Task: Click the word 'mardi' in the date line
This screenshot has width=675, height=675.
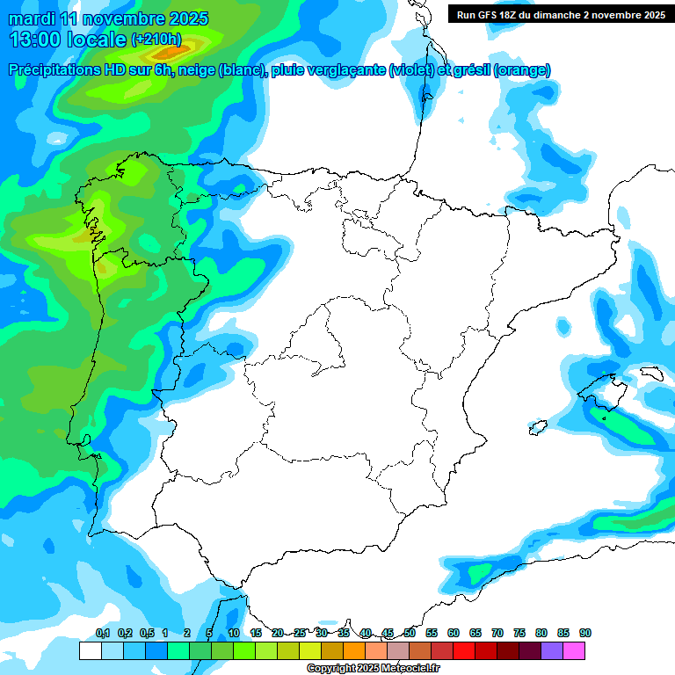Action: click(33, 18)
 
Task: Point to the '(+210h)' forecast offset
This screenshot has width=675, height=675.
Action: click(156, 40)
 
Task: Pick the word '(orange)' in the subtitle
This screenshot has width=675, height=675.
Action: click(522, 70)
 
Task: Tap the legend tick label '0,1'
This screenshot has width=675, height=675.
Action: click(102, 633)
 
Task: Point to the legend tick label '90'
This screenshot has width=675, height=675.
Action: click(585, 633)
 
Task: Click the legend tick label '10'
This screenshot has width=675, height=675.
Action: click(234, 633)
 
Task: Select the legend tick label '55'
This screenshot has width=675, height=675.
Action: click(432, 633)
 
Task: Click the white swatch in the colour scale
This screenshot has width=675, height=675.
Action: click(90, 651)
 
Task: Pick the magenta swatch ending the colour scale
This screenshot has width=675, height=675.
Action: click(574, 651)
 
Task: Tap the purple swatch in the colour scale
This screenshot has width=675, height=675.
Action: click(552, 651)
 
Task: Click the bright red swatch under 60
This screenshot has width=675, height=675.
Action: click(464, 651)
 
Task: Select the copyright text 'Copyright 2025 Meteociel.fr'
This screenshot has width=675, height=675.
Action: click(373, 669)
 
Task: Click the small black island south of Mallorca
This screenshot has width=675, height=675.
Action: click(533, 428)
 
